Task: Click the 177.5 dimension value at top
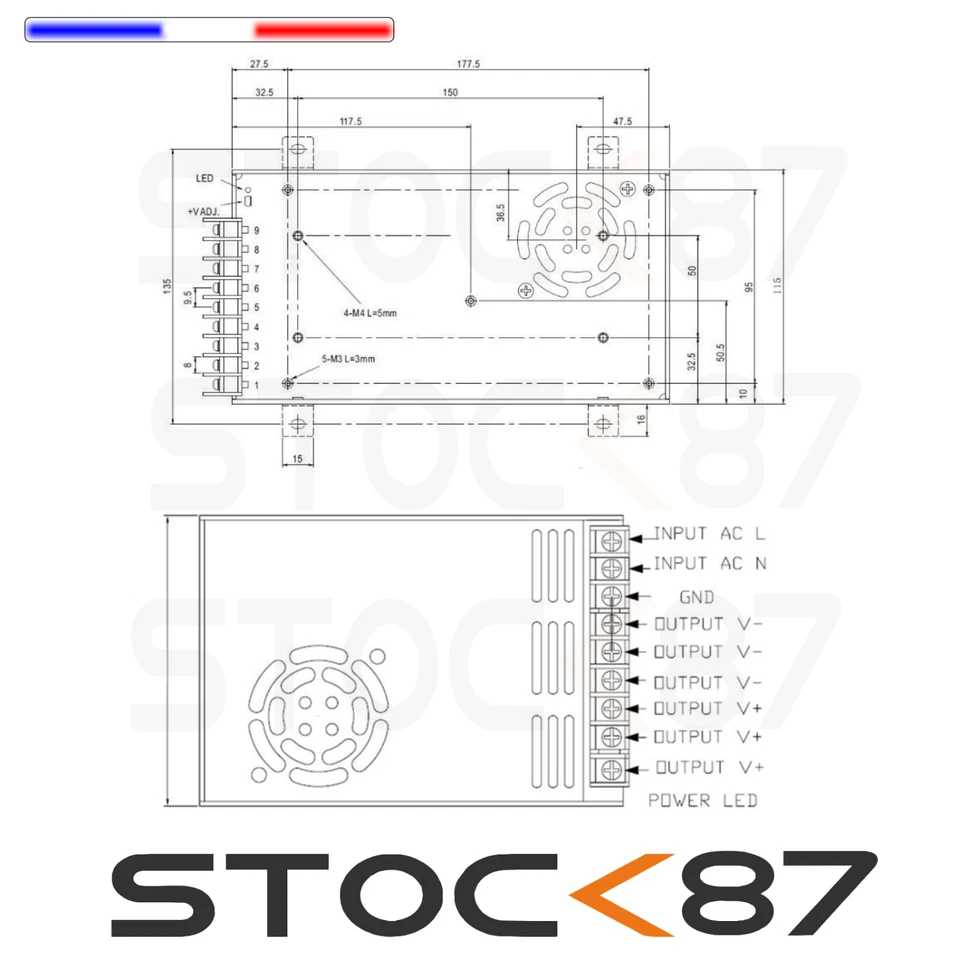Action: click(469, 63)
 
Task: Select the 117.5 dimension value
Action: click(350, 121)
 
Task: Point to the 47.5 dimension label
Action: click(622, 121)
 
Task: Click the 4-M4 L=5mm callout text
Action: click(369, 313)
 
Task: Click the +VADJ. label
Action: click(203, 212)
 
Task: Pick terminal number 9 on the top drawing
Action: click(256, 230)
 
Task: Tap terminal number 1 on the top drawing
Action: click(256, 386)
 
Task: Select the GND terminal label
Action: click(696, 597)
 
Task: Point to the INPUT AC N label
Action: click(709, 564)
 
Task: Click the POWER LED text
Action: click(702, 800)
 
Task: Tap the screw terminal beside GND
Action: click(611, 596)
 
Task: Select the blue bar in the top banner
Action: click(95, 30)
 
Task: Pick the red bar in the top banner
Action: click(321, 30)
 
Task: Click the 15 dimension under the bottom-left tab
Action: click(297, 458)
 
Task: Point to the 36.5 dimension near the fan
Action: click(500, 214)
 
